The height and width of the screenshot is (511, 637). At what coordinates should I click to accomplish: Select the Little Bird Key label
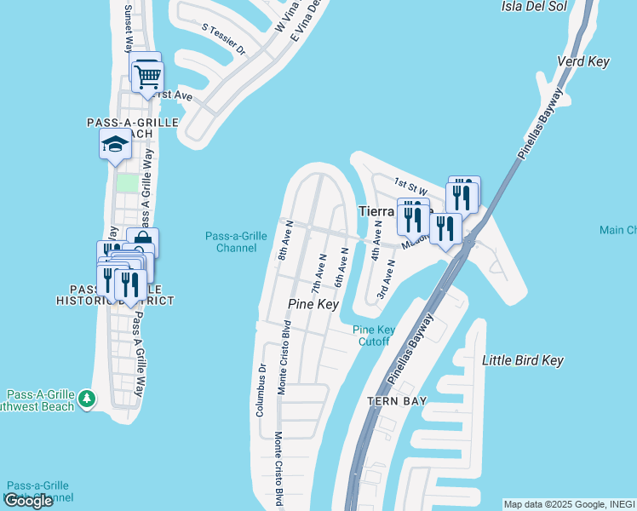523,361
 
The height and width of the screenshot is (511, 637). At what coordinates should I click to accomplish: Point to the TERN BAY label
395,400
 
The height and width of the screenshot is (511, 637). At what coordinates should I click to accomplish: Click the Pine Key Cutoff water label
373,336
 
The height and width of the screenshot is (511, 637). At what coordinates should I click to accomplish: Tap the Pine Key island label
313,304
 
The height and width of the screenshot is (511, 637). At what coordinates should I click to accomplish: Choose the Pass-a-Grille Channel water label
231,242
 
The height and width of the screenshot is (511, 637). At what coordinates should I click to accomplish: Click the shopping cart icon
148,78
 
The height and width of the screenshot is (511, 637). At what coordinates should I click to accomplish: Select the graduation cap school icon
115,146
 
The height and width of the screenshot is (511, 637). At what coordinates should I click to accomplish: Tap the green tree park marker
85,398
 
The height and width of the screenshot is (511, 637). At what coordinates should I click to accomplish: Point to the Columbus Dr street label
261,390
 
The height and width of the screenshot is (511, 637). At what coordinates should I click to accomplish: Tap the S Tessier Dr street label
224,39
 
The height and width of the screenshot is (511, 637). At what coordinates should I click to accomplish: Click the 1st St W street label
410,183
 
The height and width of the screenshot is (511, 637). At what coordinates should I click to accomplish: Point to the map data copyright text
569,504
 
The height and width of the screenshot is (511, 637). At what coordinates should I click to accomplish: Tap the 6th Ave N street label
341,266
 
